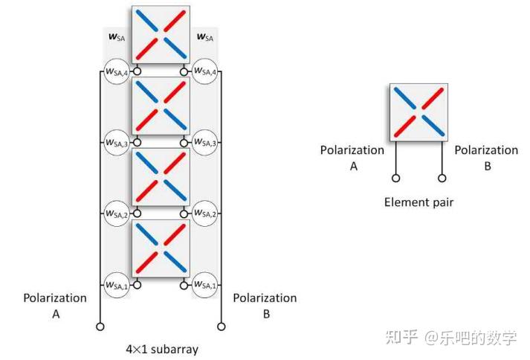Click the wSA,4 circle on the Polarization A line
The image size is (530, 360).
tap(117, 71)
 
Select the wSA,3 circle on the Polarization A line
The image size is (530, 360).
tap(117, 142)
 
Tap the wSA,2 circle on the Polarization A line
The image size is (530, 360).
tap(117, 213)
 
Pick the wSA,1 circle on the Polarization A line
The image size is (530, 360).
tap(117, 283)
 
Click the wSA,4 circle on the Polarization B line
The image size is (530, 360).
tap(204, 71)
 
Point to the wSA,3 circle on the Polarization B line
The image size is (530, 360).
tap(204, 142)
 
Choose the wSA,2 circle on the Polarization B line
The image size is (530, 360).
tap(204, 213)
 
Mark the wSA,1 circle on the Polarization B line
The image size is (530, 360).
tap(204, 283)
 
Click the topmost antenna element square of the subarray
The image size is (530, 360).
tap(161, 36)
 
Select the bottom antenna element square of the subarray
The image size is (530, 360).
tap(161, 248)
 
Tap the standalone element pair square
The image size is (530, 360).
tap(419, 112)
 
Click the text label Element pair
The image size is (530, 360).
tap(418, 202)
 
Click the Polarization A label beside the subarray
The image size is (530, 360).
tap(55, 306)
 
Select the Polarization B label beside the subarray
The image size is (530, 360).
tap(265, 306)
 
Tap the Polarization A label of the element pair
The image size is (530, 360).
tap(352, 158)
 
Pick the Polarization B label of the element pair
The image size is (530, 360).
tap(486, 158)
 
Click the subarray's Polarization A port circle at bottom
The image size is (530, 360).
tap(100, 326)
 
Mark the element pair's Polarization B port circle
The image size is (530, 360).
tap(443, 179)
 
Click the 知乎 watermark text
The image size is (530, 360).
tap(401, 338)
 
